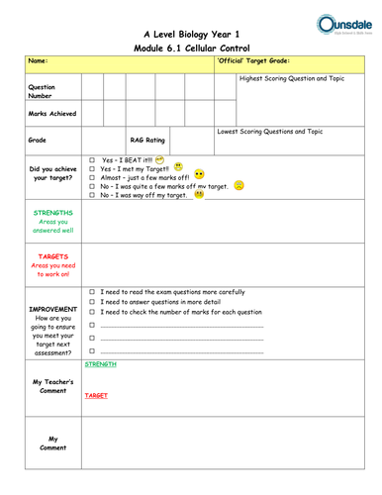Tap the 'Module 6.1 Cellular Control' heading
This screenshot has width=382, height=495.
191,48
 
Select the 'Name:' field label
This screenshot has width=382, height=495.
39,61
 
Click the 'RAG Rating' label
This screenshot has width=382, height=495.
148,141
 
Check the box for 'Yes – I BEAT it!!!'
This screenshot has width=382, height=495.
91,159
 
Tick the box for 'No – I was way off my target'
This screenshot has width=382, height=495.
91,195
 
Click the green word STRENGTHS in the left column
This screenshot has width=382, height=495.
51,213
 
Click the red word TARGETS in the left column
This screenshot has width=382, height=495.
51,256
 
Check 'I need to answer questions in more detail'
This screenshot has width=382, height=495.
91,302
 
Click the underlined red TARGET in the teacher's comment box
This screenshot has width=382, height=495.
96,395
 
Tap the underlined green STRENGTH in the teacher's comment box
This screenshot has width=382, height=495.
100,364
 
